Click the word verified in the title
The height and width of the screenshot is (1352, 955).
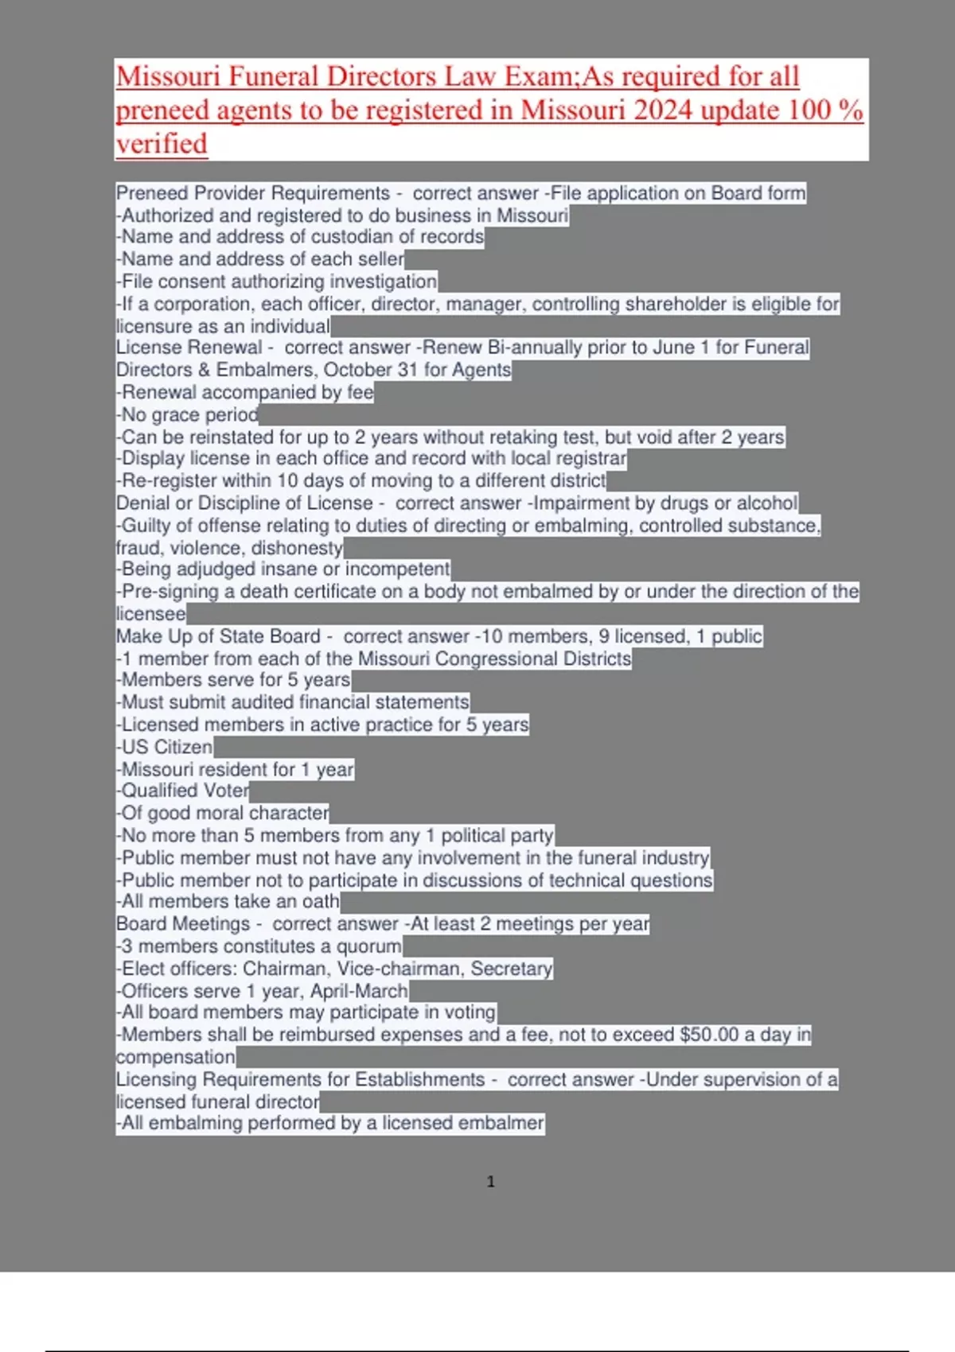coord(162,144)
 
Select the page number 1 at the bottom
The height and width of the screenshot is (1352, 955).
coord(490,1182)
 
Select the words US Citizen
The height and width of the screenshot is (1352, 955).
coord(166,748)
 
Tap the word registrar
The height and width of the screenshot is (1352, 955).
coord(591,459)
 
